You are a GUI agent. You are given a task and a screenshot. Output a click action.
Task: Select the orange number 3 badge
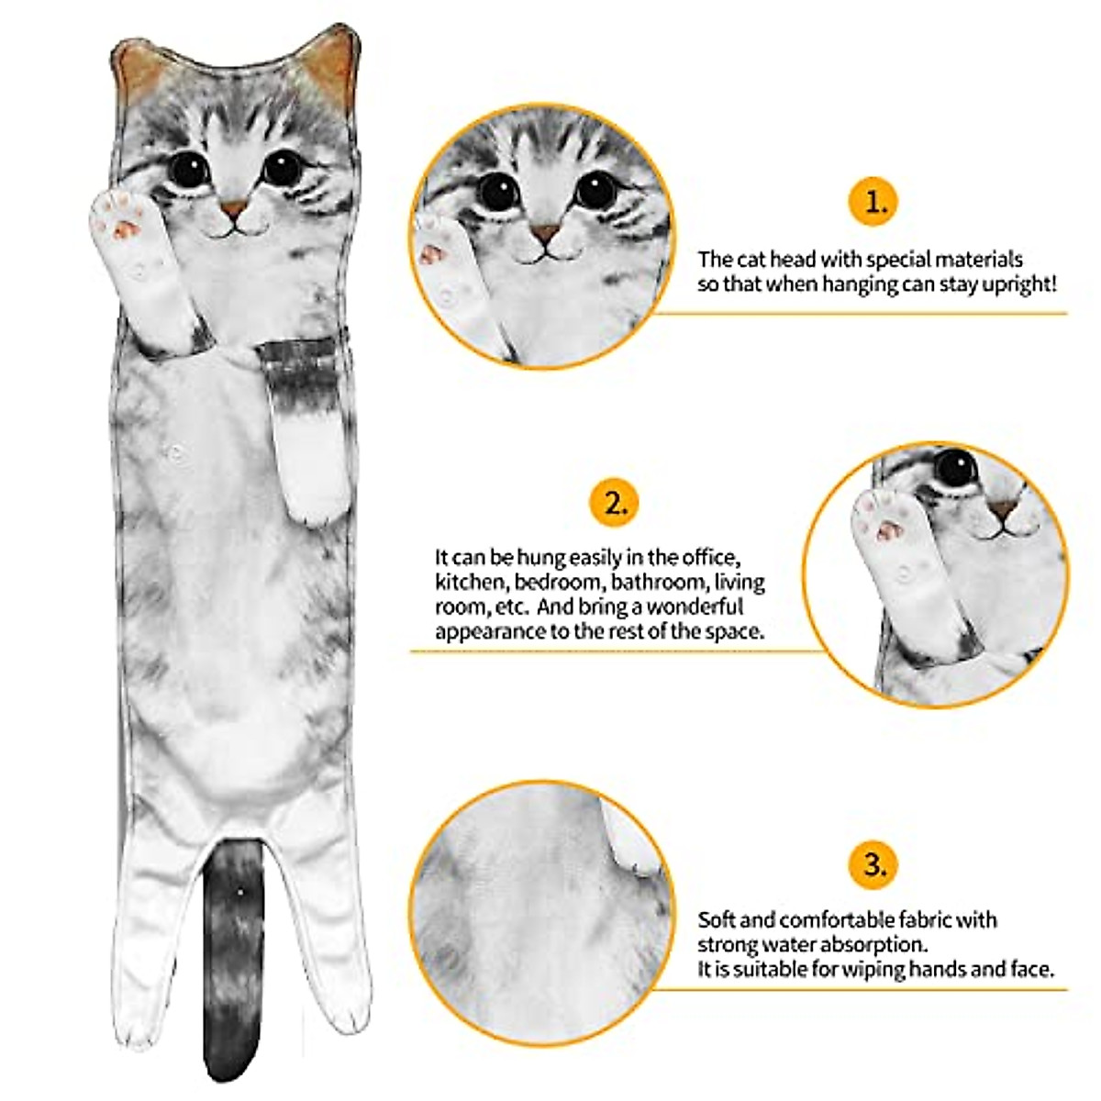(x=877, y=864)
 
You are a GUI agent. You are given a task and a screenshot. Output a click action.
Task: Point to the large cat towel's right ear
(x=332, y=64)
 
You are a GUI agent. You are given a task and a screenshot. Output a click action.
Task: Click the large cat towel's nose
(x=236, y=209)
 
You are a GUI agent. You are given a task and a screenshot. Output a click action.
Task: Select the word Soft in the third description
(x=717, y=919)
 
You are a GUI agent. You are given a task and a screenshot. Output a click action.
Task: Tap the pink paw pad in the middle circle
(x=886, y=530)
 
